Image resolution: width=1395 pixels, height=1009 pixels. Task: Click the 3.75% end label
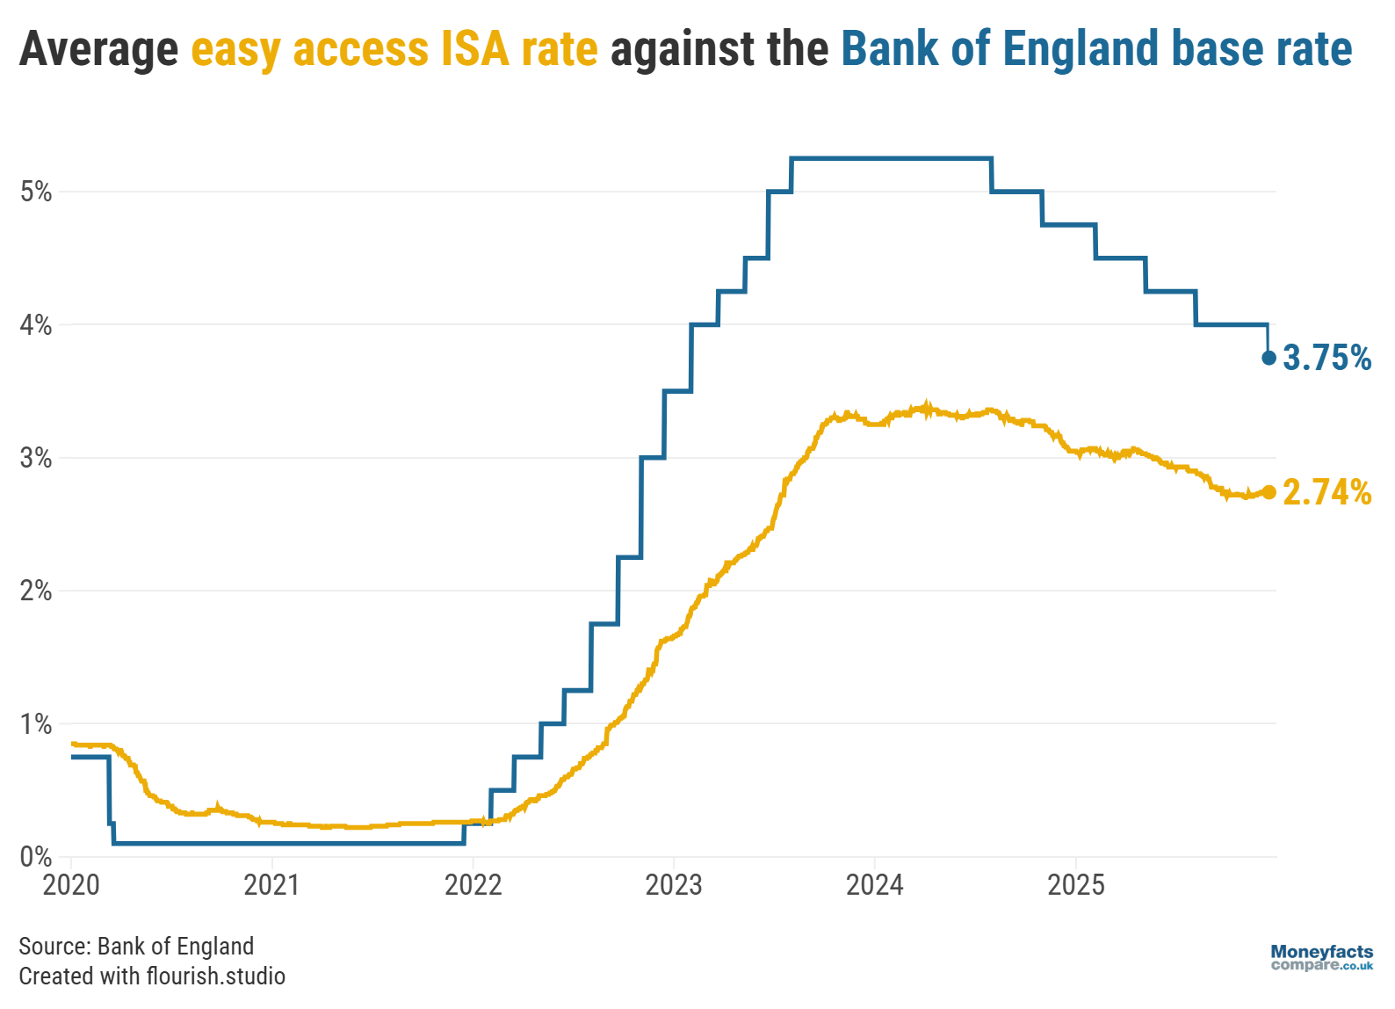[1326, 358]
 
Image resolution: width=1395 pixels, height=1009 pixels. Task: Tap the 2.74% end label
[1326, 492]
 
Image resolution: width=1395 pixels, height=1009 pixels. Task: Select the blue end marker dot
[1269, 358]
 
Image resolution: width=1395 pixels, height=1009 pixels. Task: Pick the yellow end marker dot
[1269, 492]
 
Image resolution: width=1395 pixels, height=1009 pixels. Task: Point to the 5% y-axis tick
[36, 192]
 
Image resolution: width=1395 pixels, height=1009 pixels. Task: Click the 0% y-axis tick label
[36, 857]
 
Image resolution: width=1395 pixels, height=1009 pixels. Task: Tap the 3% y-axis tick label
[36, 458]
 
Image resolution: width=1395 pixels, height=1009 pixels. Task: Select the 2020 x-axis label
[71, 885]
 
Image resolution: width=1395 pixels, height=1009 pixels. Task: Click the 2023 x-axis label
[674, 885]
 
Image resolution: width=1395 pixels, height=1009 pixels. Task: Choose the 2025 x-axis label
[1075, 885]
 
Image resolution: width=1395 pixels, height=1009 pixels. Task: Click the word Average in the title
[98, 49]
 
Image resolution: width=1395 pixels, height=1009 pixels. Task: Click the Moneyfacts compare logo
[1321, 958]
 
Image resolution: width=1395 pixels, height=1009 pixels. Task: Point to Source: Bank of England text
[136, 946]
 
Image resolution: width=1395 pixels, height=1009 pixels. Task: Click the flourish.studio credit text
[215, 976]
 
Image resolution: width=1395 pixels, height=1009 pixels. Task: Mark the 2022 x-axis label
[473, 885]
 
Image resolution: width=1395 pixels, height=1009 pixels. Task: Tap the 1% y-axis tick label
[36, 724]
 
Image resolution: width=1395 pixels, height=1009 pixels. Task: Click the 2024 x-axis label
[874, 885]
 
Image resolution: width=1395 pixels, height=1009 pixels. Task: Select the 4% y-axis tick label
[36, 325]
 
